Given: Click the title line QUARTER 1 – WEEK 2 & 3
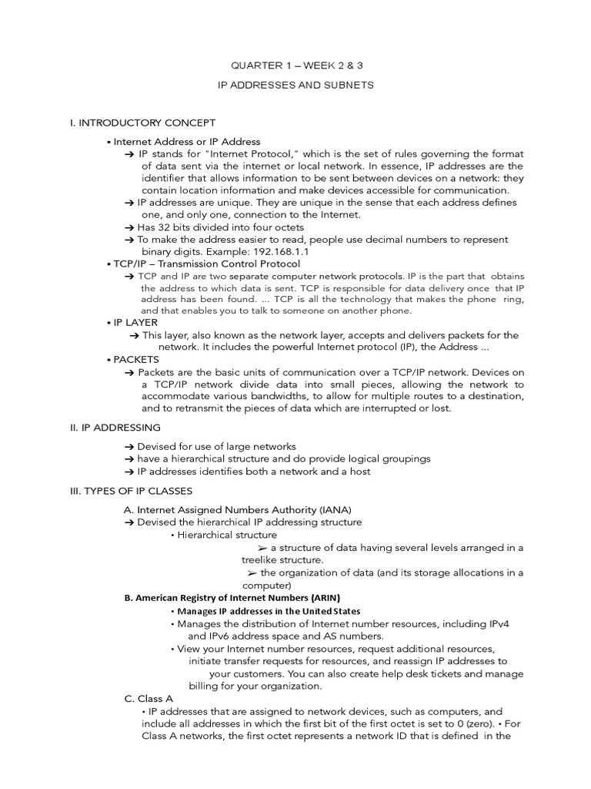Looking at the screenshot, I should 296,65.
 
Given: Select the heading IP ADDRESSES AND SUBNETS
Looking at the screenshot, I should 296,86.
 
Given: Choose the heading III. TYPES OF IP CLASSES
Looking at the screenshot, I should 131,491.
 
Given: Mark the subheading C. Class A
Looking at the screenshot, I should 149,698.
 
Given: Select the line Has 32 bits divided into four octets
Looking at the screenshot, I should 220,227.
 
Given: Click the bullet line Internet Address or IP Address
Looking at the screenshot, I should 186,142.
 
